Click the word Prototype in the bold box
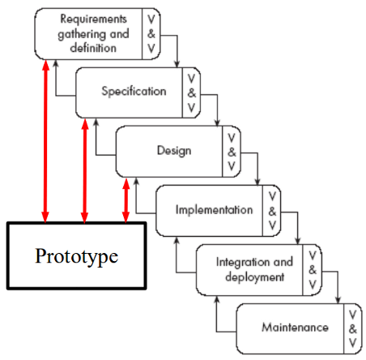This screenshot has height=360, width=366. (x=77, y=256)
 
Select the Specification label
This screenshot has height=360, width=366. (x=134, y=92)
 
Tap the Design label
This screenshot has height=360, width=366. (x=174, y=151)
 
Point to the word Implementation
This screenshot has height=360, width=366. (x=215, y=210)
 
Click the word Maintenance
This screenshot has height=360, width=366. (x=296, y=328)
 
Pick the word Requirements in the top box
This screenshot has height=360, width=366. (x=93, y=19)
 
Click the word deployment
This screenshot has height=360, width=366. (x=255, y=277)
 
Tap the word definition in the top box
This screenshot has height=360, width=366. (x=93, y=48)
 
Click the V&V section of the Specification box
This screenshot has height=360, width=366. (x=191, y=93)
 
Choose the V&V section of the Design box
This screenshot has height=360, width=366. (x=232, y=152)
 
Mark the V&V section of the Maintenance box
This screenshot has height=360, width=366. (x=353, y=328)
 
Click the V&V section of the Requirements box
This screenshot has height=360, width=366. (x=151, y=34)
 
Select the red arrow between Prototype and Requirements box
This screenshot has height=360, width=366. (x=45, y=141)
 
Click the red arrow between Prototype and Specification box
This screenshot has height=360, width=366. (x=85, y=171)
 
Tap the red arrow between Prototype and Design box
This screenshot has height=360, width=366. (x=126, y=200)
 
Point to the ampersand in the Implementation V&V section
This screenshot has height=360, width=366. (x=272, y=211)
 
